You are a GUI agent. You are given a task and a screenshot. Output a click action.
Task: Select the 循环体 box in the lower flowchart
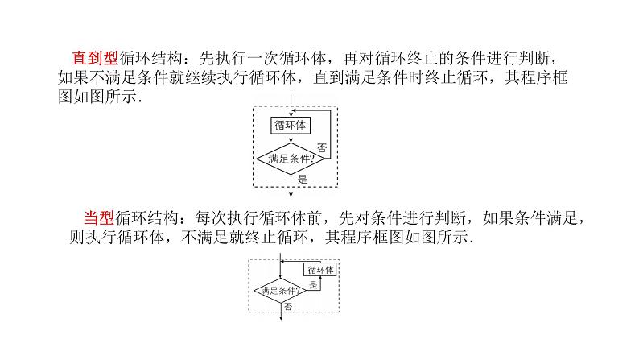pyautogui.click(x=321, y=270)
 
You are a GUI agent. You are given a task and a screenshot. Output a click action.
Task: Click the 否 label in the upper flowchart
pyautogui.click(x=322, y=147)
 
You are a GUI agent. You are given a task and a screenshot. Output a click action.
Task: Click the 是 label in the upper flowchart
pyautogui.click(x=303, y=180)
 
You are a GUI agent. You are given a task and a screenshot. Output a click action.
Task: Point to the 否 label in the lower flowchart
pyautogui.click(x=288, y=307)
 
